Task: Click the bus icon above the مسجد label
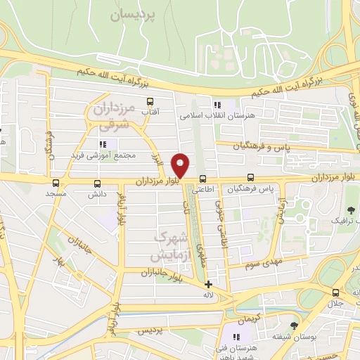[x=55, y=182]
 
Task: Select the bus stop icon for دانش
[x=97, y=183]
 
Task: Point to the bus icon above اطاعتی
[x=202, y=179]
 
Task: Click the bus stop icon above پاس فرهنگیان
[x=251, y=179]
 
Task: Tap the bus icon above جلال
[x=335, y=293]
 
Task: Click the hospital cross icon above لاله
[x=208, y=284]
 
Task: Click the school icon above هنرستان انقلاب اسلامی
[x=207, y=104]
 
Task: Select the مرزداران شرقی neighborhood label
[x=110, y=117]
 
